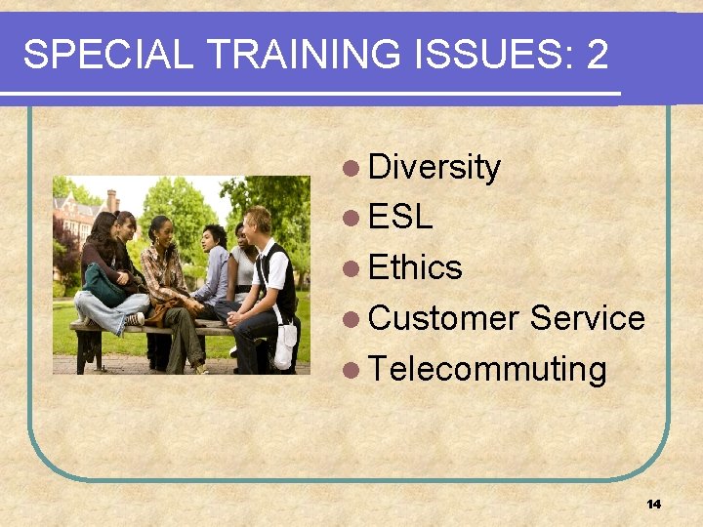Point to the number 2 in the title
598,55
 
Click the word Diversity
434,168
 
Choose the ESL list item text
400,218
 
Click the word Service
588,318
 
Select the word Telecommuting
488,370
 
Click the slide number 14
653,504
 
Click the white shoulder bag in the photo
285,345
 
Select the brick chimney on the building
112,200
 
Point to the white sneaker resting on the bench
135,319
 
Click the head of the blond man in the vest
258,222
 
